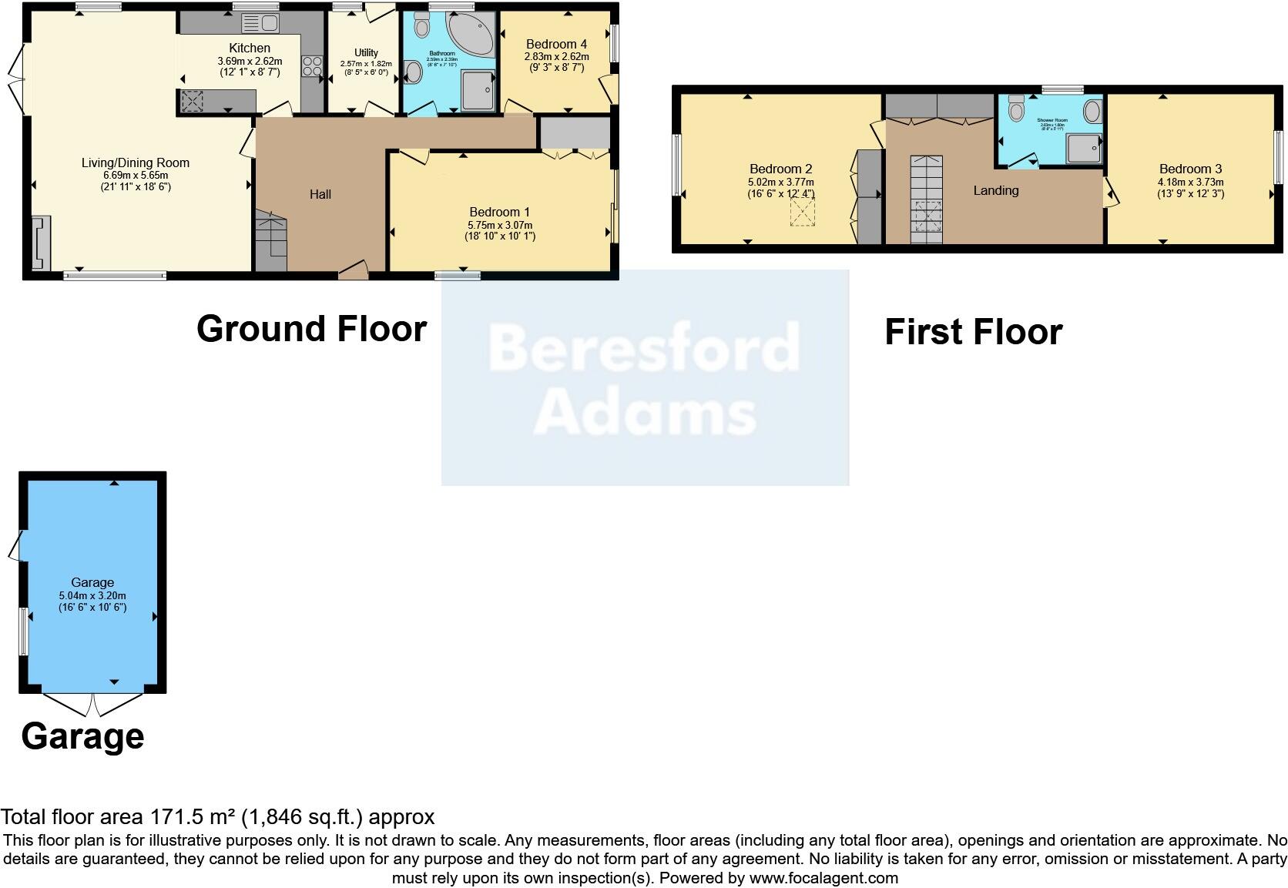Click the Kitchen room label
(250, 48)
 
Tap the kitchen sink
(260, 23)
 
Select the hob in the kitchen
(313, 66)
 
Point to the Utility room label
(366, 52)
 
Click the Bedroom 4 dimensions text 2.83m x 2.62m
(556, 56)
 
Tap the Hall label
(320, 194)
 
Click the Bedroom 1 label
(499, 212)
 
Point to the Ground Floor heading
(311, 329)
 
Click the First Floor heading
(973, 332)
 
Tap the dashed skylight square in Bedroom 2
(802, 212)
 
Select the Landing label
(995, 190)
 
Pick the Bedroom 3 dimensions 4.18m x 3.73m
(1190, 182)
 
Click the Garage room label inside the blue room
(92, 582)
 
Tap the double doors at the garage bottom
(92, 702)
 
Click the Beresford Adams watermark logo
(645, 377)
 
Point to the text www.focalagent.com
(823, 877)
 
